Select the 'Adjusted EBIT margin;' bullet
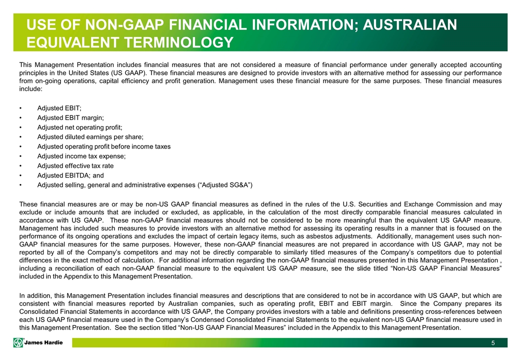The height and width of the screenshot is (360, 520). pyautogui.click(x=70, y=118)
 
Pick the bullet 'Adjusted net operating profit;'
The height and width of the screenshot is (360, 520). pyautogui.click(x=79, y=127)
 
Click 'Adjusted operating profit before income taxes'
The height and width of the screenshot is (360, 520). pyautogui.click(x=104, y=146)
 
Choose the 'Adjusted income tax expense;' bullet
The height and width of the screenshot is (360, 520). pyautogui.click(x=81, y=156)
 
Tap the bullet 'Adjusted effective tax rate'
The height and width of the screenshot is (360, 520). pyautogui.click(x=75, y=165)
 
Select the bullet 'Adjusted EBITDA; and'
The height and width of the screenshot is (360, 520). pyautogui.click(x=70, y=175)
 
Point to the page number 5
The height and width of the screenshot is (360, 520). pyautogui.click(x=493, y=342)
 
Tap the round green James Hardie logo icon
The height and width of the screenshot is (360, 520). pyautogui.click(x=19, y=342)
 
